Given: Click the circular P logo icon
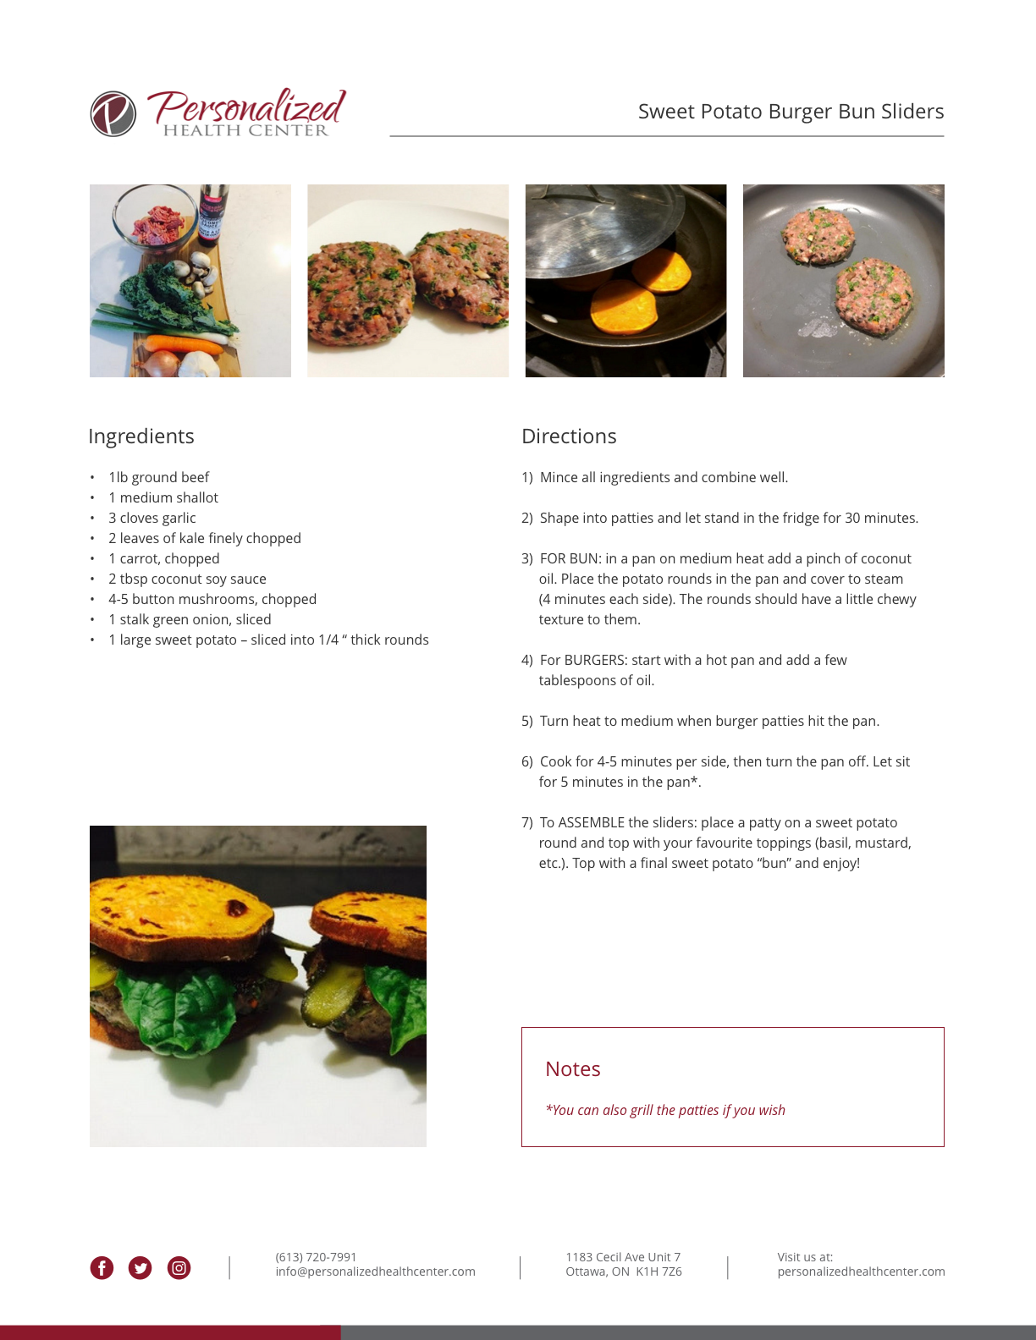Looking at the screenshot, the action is tap(113, 113).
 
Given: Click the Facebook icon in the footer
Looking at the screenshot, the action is tap(102, 1268).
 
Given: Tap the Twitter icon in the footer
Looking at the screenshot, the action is tap(140, 1268).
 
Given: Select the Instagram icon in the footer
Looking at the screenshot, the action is tap(179, 1268).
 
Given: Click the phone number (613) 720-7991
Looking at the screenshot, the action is tap(316, 1257).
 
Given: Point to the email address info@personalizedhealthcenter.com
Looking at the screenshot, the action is tap(375, 1271).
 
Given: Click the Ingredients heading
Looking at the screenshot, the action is tap(141, 436).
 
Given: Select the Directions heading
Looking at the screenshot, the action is tap(569, 436).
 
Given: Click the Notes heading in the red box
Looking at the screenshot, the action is tap(573, 1068).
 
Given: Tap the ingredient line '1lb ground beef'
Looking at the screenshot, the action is tap(158, 477).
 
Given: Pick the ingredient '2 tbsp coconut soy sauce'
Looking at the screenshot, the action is tap(188, 579).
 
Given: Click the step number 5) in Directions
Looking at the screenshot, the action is tap(527, 721).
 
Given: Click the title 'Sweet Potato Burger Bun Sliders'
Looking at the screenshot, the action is tap(791, 112).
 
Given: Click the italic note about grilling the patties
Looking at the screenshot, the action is tap(665, 1111).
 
